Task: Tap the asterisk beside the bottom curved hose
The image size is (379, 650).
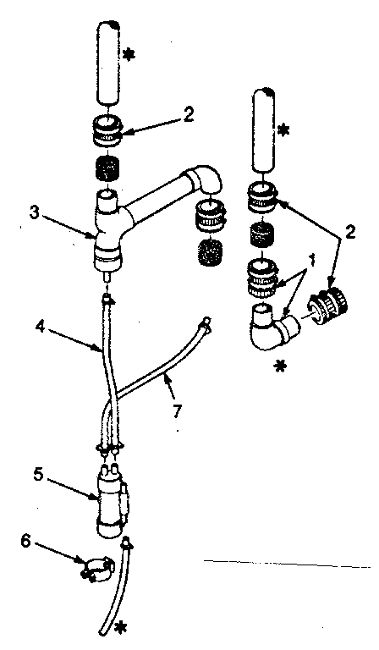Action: (x=124, y=627)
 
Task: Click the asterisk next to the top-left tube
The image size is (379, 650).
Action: (x=129, y=55)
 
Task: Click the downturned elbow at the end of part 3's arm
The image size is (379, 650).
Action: (x=206, y=180)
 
